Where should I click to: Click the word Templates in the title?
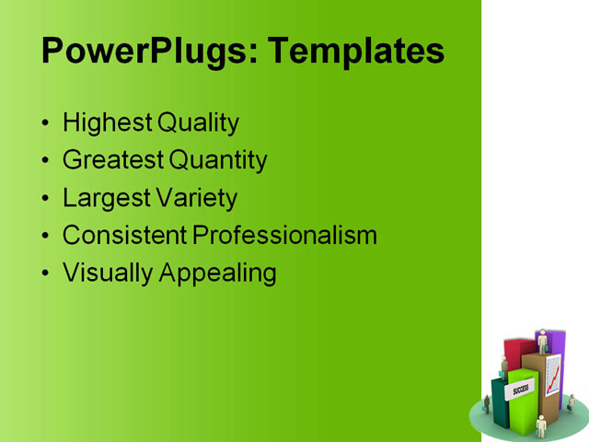click(354, 51)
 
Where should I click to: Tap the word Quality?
click(198, 122)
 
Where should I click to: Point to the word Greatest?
click(113, 160)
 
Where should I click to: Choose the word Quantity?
click(218, 160)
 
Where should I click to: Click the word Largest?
click(104, 198)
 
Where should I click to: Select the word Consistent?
click(125, 235)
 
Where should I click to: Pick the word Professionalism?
click(285, 235)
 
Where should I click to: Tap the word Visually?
click(107, 273)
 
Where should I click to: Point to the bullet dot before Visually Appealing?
click(47, 274)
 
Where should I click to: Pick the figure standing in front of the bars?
click(540, 425)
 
